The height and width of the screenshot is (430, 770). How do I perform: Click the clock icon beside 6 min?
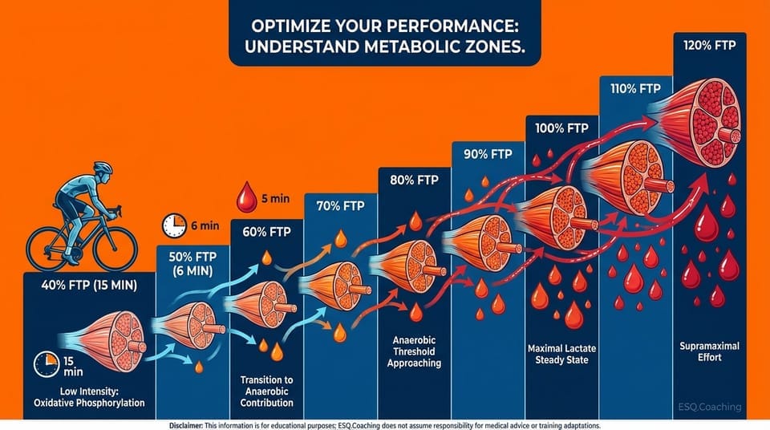(x=174, y=225)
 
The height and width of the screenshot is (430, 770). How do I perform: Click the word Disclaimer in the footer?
(x=193, y=424)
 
